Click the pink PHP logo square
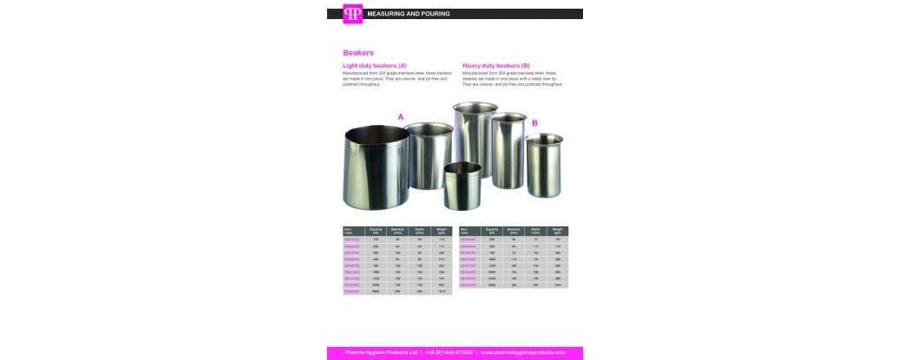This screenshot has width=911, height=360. click(352, 14)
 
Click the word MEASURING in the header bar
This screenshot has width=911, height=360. click(385, 14)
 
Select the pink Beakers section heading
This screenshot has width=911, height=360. click(358, 53)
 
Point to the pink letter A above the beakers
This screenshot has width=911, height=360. click(401, 116)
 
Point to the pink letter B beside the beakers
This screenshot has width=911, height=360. click(534, 123)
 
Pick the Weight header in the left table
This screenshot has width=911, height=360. click(442, 231)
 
